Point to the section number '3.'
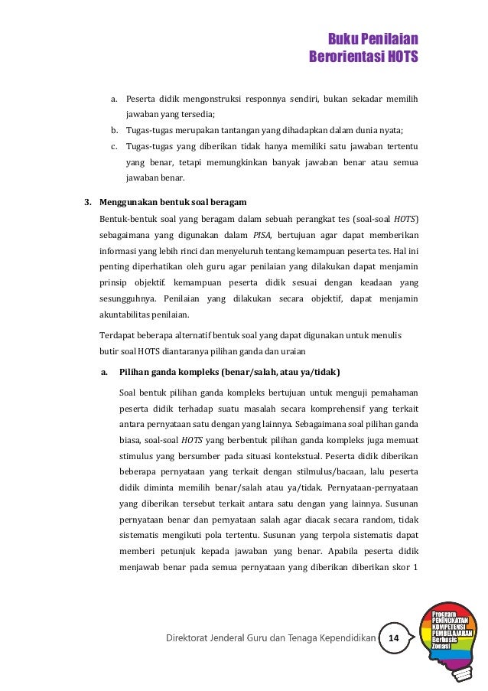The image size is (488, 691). (x=87, y=203)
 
